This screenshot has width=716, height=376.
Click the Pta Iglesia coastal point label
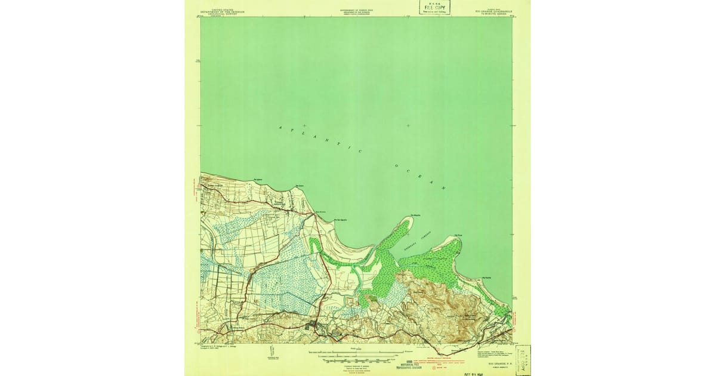coord(258,178)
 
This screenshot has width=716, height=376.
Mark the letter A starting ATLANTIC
coord(280,127)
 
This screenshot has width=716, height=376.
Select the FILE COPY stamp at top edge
coord(434,7)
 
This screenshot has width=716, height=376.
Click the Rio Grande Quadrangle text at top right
coord(493,11)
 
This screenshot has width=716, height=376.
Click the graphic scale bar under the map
coord(357,357)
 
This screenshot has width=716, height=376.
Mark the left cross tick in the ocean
coord(304,125)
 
